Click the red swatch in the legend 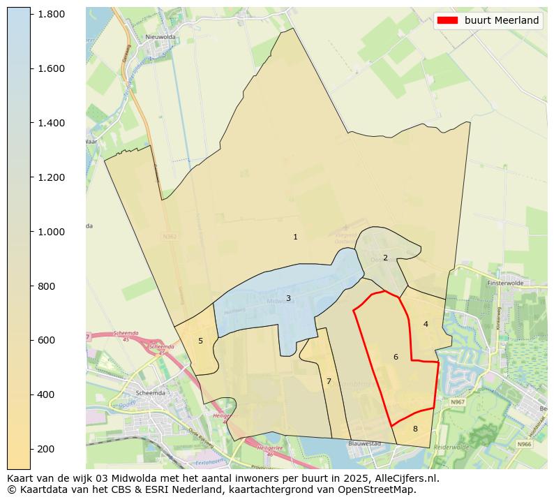(x=447, y=20)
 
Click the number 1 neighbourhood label (x=295, y=237)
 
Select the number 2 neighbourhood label (x=385, y=258)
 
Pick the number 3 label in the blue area (x=288, y=298)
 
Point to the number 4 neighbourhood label (x=426, y=324)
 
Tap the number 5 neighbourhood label (x=200, y=341)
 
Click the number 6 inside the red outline (x=396, y=357)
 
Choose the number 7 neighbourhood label (x=329, y=381)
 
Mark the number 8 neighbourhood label (x=415, y=429)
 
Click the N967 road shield (x=457, y=402)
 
